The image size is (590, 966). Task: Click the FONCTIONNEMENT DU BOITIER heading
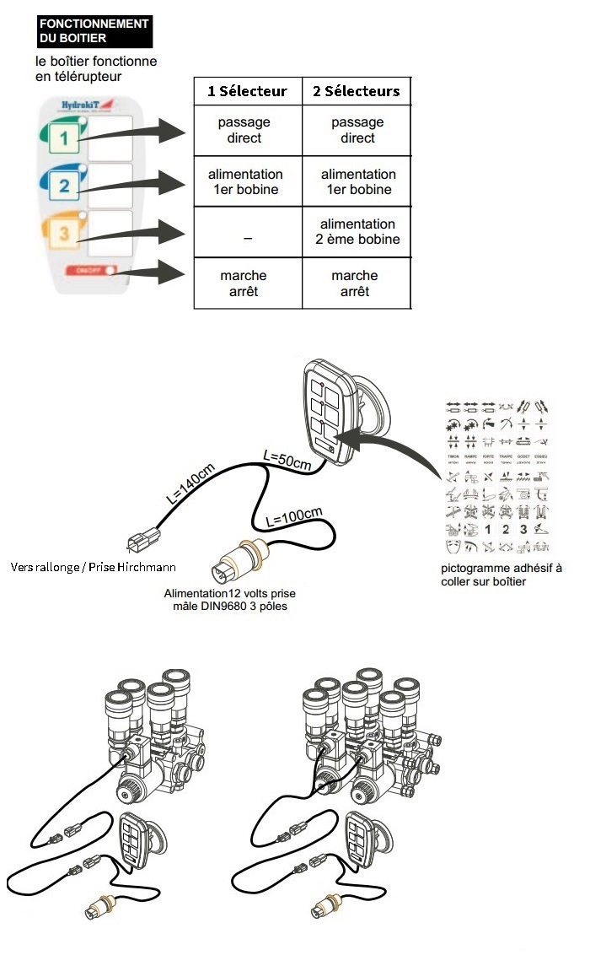pyautogui.click(x=94, y=31)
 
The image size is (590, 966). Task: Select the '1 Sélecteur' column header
pyautogui.click(x=247, y=91)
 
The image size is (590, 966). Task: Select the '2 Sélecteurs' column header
pyautogui.click(x=357, y=91)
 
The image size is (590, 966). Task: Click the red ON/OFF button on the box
pyautogui.click(x=88, y=272)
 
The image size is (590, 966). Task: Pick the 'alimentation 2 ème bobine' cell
pyautogui.click(x=357, y=232)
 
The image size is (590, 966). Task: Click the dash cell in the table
pyautogui.click(x=247, y=239)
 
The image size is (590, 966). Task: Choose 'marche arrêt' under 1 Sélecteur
pyautogui.click(x=244, y=283)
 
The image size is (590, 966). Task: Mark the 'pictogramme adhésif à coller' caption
pyautogui.click(x=501, y=575)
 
